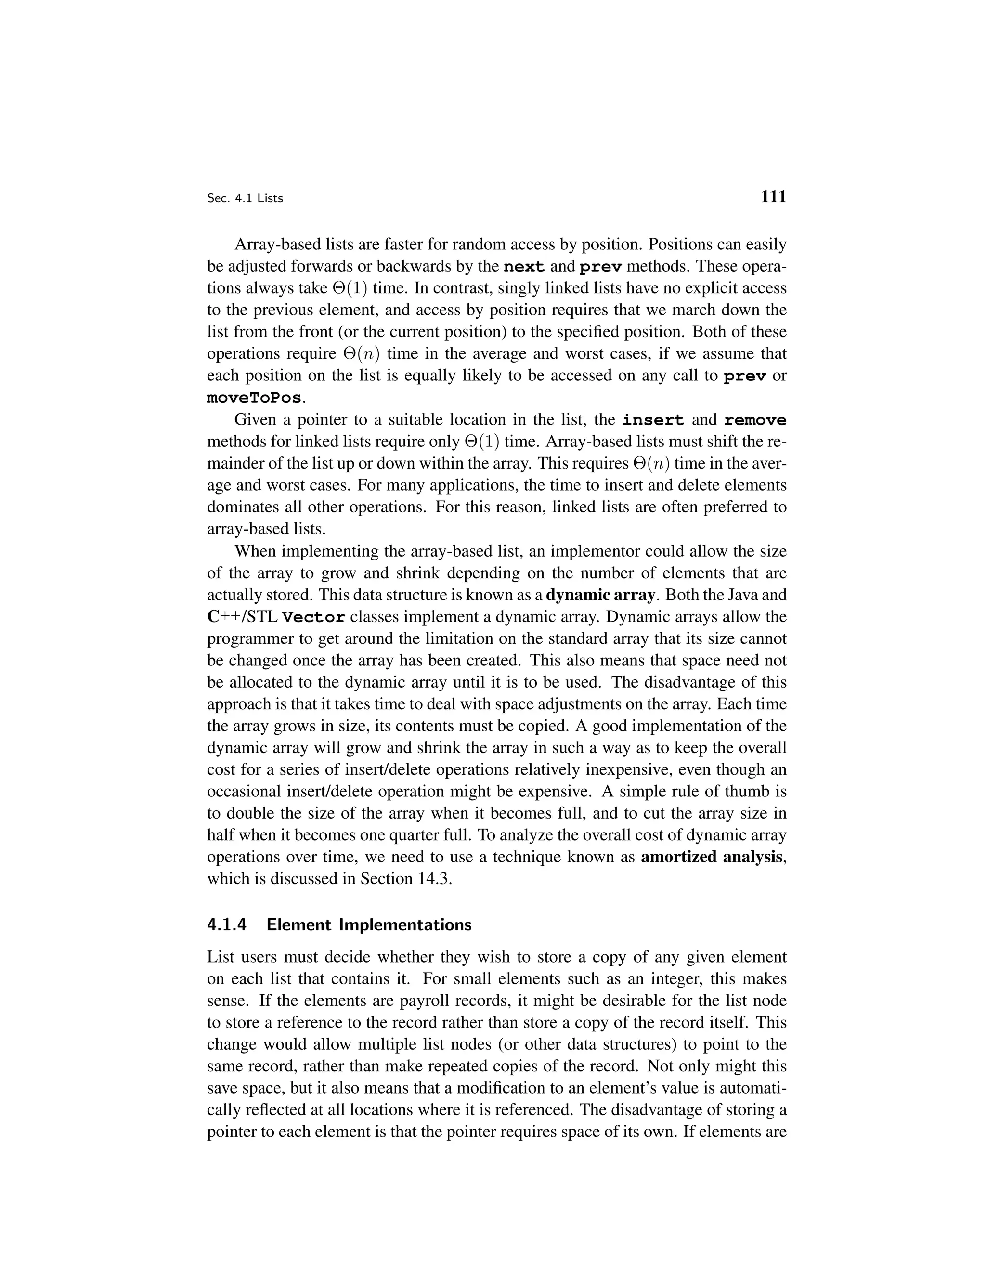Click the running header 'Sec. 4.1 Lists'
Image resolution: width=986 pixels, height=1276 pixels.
coord(245,199)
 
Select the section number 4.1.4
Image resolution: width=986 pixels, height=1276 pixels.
coord(227,925)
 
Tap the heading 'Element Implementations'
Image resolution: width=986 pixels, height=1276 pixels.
coord(369,925)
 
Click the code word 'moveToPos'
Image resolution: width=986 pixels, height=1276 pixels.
coord(255,399)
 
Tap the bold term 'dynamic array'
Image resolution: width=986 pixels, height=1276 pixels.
coord(600,595)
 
